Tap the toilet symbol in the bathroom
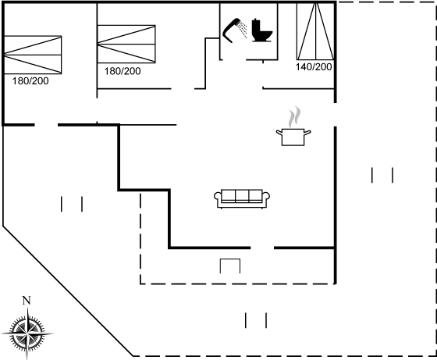pos(261,30)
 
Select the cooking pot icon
pos(293,137)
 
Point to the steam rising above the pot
pos(295,116)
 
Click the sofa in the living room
pos(242,199)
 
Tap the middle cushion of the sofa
pos(242,195)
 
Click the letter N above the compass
pos(27,301)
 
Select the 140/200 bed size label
pos(314,67)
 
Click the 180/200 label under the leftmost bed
pos(30,81)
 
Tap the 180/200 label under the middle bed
pos(123,71)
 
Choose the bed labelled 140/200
pos(315,31)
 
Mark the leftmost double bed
pos(33,55)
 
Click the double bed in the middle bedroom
pos(126,44)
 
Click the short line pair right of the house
pos(382,175)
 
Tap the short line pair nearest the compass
pos(72,204)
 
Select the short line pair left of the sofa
pos(72,204)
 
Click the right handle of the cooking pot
pos(307,133)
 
